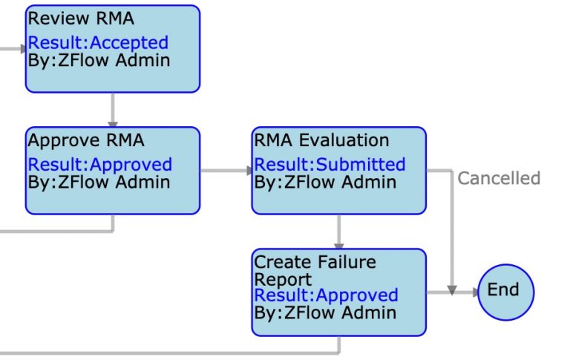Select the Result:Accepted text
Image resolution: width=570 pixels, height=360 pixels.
click(98, 43)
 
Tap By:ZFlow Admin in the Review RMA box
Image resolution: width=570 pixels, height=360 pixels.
click(99, 60)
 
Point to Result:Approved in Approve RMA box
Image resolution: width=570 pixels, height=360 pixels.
click(99, 164)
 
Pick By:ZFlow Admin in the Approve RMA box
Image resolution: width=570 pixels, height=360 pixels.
click(99, 181)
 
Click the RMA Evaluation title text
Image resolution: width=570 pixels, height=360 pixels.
click(321, 140)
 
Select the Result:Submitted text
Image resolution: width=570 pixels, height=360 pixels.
click(330, 164)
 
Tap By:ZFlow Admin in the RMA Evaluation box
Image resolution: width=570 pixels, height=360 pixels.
click(325, 181)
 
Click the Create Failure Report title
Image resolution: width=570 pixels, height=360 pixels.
click(315, 270)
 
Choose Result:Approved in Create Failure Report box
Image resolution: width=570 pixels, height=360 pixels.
click(326, 295)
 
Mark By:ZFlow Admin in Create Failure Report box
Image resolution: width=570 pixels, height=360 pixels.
click(325, 312)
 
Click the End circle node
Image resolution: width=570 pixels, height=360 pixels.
click(505, 290)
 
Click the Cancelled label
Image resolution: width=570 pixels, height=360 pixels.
click(499, 178)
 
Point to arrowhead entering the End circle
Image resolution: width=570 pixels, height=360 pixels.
click(473, 291)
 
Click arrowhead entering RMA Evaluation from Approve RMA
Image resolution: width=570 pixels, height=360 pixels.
click(249, 171)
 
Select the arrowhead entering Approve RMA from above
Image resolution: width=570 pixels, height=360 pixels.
click(113, 122)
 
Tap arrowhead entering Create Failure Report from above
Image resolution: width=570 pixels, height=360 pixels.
click(339, 245)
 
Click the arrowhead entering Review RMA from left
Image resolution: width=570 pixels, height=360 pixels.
click(22, 49)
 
